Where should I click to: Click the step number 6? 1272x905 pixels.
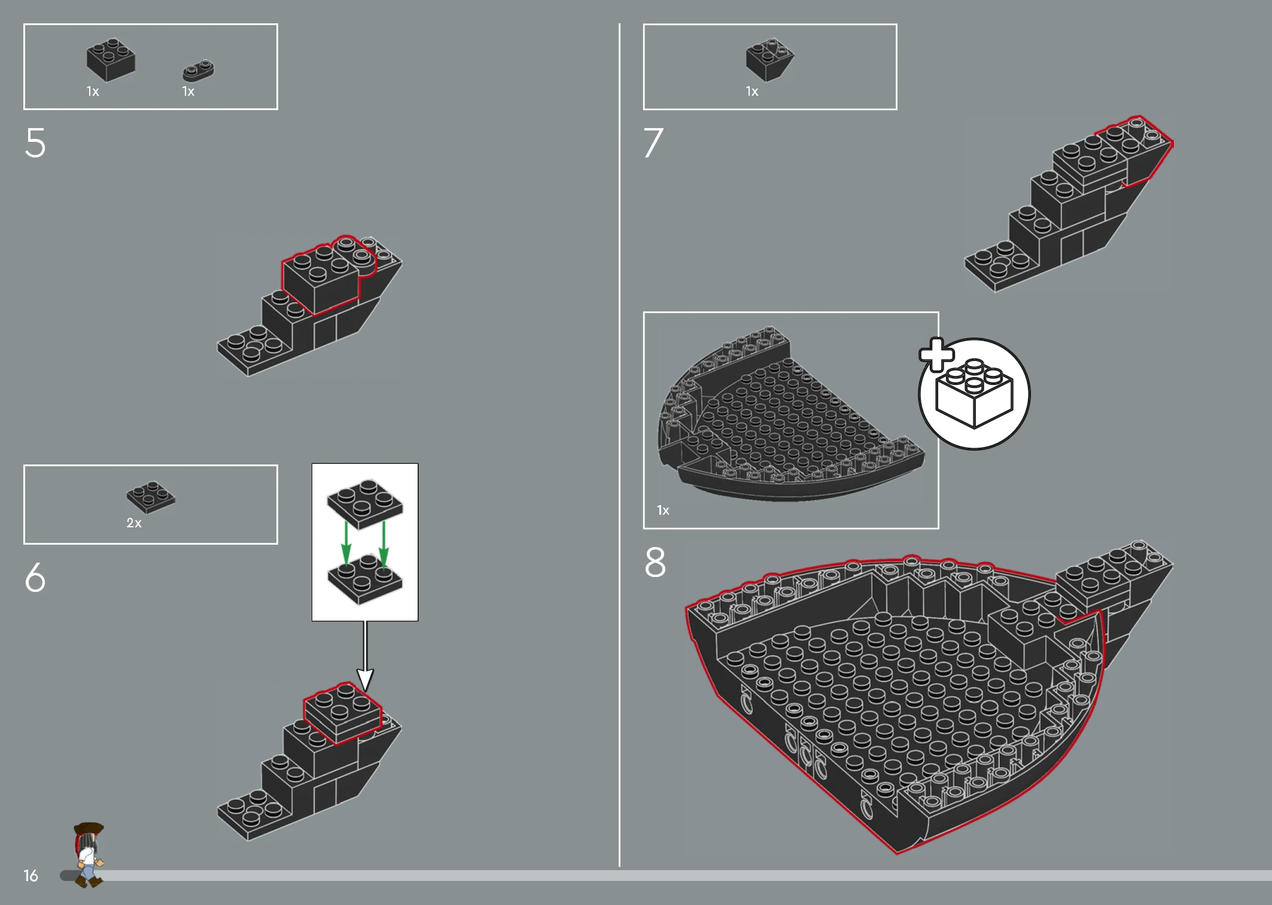point(35,577)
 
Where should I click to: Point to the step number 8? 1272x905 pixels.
point(655,562)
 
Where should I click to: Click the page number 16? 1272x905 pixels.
point(31,876)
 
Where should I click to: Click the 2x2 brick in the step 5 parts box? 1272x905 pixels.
point(111,60)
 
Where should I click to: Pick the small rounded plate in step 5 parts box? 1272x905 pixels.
point(198,70)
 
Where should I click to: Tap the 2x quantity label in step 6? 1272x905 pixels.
point(134,523)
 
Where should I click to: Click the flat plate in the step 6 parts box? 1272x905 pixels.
point(151,497)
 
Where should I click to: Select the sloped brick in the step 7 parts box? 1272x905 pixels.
point(770,59)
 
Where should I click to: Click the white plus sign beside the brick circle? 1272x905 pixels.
point(936,355)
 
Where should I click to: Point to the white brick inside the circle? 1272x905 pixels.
point(974,393)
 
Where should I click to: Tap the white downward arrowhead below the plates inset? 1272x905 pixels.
point(365,679)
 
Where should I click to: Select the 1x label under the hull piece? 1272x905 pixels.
point(663,510)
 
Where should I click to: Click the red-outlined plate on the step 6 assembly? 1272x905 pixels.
point(342,713)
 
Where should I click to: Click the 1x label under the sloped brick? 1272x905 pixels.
point(752,92)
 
